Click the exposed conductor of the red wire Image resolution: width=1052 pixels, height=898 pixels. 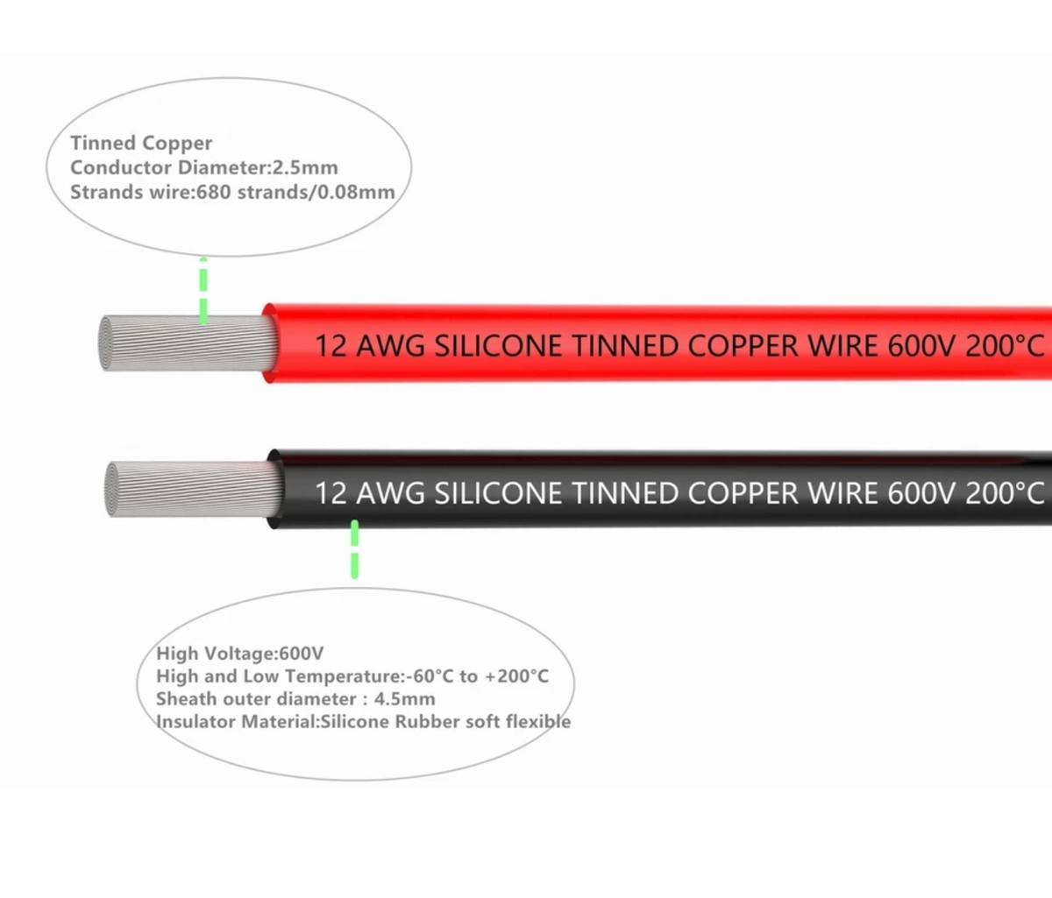click(184, 343)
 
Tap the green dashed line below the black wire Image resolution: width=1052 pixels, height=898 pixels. click(354, 549)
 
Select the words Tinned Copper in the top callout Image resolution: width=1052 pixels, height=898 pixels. click(141, 143)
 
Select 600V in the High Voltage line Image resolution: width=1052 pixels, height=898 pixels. click(301, 654)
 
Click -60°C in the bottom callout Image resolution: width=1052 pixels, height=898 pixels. click(430, 676)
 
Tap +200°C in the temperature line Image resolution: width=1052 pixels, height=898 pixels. click(516, 676)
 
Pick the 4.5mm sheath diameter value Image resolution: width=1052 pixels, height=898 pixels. click(404, 699)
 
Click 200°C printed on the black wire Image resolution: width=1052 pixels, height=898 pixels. click(1005, 493)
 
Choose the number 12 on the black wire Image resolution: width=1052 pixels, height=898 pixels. click(331, 493)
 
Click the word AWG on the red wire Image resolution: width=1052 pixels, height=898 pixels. click(391, 346)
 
